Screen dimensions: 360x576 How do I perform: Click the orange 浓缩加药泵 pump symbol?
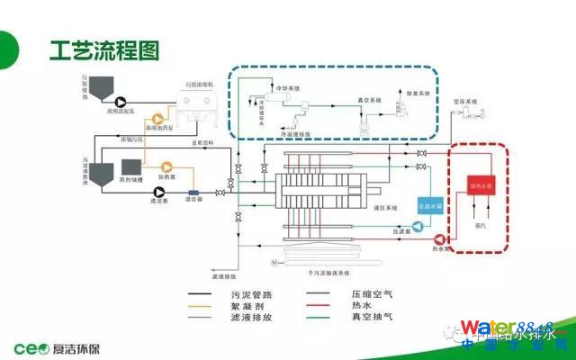click(x=160, y=118)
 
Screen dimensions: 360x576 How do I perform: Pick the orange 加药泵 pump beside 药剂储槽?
click(x=166, y=167)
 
